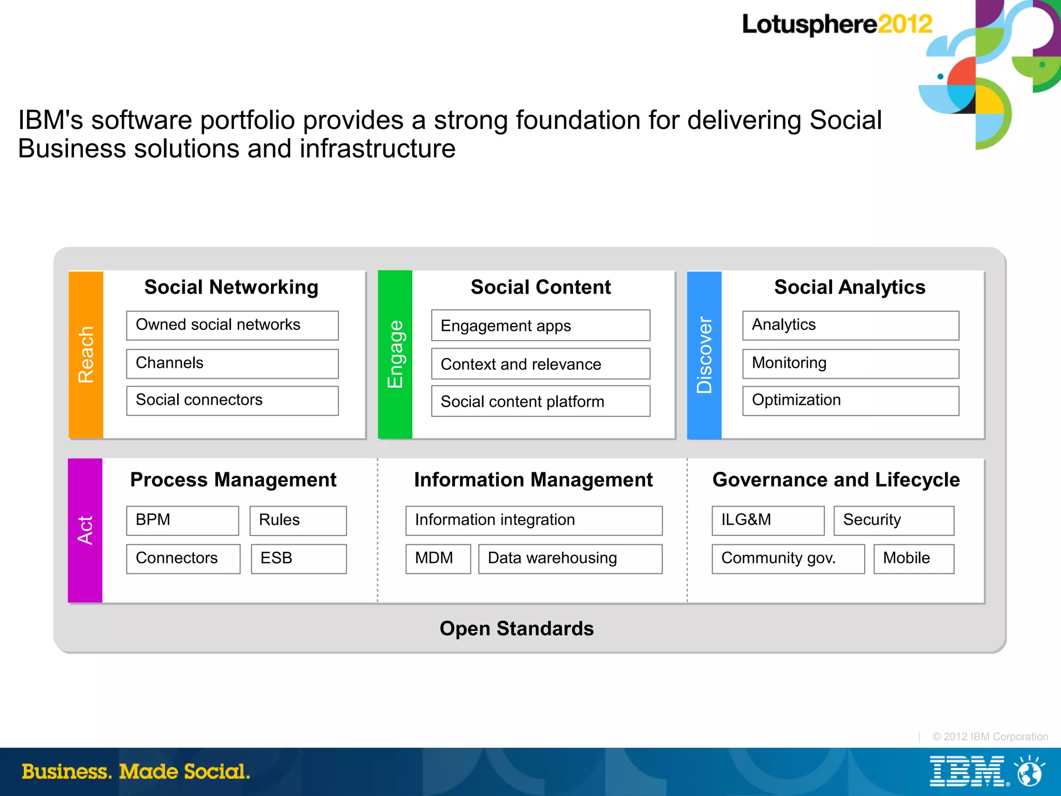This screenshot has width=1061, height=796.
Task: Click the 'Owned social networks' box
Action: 232,325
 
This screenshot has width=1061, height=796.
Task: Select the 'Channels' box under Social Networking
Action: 232,364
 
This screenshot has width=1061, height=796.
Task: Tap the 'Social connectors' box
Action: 232,400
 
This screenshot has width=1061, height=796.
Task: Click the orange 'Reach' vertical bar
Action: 86,355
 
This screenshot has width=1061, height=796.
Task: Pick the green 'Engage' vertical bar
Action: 395,355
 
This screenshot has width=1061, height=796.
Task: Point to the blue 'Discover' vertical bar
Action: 704,355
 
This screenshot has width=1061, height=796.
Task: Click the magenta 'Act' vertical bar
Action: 85,530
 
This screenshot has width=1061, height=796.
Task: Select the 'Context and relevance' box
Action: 540,364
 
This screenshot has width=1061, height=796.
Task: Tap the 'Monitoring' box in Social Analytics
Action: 850,364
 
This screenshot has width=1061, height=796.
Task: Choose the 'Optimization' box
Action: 850,400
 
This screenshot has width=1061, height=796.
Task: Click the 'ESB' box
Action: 298,558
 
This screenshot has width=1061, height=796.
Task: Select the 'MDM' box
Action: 438,558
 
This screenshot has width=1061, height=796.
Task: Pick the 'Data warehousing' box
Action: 570,558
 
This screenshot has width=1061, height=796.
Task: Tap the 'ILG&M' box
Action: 768,520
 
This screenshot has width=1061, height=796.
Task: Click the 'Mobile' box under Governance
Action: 913,558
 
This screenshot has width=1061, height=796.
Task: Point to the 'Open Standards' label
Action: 517,628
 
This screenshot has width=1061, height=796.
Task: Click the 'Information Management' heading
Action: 533,480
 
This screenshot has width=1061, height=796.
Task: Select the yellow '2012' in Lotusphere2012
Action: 905,24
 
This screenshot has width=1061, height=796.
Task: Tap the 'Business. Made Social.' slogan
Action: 136,772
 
